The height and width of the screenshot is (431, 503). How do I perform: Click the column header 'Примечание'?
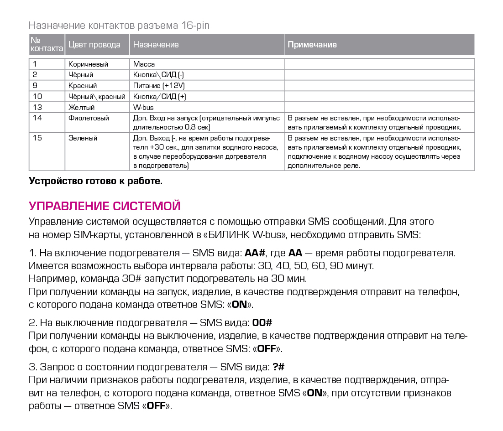click(x=312, y=45)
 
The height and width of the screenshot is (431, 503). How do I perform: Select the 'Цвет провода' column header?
click(x=94, y=45)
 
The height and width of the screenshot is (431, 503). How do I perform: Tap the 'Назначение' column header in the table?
click(x=156, y=45)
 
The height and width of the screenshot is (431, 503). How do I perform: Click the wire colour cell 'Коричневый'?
click(x=89, y=64)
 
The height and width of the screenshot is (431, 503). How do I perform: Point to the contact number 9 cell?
click(x=36, y=85)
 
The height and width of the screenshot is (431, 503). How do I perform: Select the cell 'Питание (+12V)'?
click(x=159, y=85)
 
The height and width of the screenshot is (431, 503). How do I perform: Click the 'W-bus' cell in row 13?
click(x=143, y=107)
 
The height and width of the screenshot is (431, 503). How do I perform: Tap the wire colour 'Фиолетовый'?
click(x=89, y=118)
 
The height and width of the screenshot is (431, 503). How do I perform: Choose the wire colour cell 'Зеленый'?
click(x=83, y=138)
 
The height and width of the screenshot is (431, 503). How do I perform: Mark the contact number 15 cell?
click(x=37, y=138)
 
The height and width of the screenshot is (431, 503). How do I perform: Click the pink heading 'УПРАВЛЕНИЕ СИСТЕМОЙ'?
click(x=105, y=206)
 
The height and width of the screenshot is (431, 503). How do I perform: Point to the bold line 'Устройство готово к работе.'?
click(x=95, y=181)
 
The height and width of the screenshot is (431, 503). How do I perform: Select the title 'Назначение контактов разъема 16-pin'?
click(x=119, y=25)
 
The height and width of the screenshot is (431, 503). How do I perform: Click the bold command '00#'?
click(x=262, y=323)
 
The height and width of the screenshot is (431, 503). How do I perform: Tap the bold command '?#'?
click(x=278, y=367)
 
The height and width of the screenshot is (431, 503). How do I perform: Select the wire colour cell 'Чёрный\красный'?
click(x=97, y=96)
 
